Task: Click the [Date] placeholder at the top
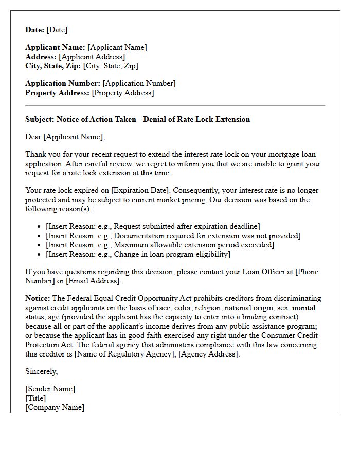pyautogui.click(x=57, y=30)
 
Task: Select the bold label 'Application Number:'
pyautogui.click(x=63, y=83)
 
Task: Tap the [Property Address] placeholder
pyautogui.click(x=122, y=93)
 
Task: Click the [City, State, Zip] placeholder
pyautogui.click(x=111, y=66)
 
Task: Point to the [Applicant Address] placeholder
pyautogui.click(x=92, y=57)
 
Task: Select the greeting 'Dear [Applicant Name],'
pyautogui.click(x=65, y=137)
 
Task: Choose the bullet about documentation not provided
pyautogui.click(x=173, y=236)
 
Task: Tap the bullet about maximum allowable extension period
pyautogui.click(x=159, y=245)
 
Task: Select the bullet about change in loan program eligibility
pyautogui.click(x=138, y=254)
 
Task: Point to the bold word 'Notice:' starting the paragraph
pyautogui.click(x=38, y=298)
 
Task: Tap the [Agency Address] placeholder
pyautogui.click(x=208, y=354)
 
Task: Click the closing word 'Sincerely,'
pyautogui.click(x=42, y=371)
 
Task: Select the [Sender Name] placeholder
pyautogui.click(x=50, y=389)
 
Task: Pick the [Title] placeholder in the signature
pyautogui.click(x=35, y=398)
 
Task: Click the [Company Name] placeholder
pyautogui.click(x=55, y=407)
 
